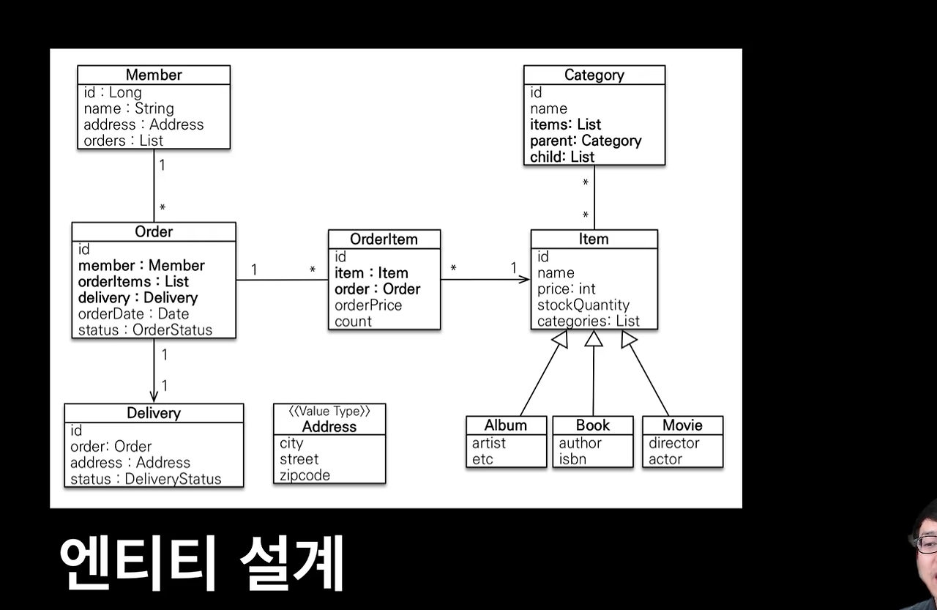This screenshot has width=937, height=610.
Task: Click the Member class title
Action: pyautogui.click(x=154, y=75)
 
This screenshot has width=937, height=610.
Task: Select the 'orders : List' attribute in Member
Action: pyautogui.click(x=123, y=141)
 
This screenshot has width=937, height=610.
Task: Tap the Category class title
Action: pyautogui.click(x=594, y=75)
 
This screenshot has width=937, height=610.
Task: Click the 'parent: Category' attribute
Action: pyautogui.click(x=586, y=141)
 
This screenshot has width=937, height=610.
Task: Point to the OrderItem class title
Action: pyautogui.click(x=384, y=239)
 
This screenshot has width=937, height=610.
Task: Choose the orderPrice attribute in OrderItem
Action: pyautogui.click(x=368, y=305)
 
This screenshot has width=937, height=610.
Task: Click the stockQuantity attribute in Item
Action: pyautogui.click(x=583, y=305)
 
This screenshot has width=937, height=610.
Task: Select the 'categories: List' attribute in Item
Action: pyautogui.click(x=588, y=321)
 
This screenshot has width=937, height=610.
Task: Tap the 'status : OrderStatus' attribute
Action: pyautogui.click(x=145, y=330)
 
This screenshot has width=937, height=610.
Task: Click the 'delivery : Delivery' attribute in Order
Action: pyautogui.click(x=138, y=298)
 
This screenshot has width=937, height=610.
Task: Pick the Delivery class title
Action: pyautogui.click(x=154, y=413)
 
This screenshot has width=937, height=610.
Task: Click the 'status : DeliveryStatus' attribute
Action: pyautogui.click(x=146, y=480)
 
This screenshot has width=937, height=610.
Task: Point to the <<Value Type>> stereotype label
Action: pyautogui.click(x=329, y=412)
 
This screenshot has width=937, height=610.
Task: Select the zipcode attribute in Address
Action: pyautogui.click(x=305, y=475)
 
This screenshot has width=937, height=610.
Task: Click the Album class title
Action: pyautogui.click(x=505, y=425)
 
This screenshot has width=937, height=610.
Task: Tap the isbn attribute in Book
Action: pyautogui.click(x=572, y=459)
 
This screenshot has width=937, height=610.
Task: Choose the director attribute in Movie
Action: pyautogui.click(x=673, y=443)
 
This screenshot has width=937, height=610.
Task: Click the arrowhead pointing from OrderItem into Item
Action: pyautogui.click(x=524, y=279)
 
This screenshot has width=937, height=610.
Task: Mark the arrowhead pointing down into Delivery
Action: pyautogui.click(x=154, y=396)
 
